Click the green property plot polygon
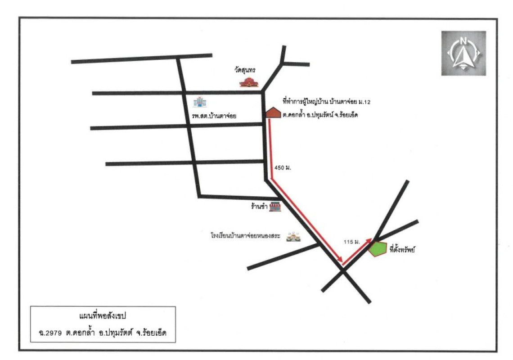(378, 249)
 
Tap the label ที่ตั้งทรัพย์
(402, 249)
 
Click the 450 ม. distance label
(283, 167)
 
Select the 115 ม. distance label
(352, 242)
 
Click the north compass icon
(463, 54)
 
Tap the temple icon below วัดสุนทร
(249, 82)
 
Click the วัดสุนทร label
(245, 70)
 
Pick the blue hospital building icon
(199, 102)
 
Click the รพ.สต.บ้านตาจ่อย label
(214, 116)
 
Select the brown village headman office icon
(273, 112)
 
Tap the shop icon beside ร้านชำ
(275, 207)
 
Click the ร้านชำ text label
(259, 207)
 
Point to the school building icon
(293, 237)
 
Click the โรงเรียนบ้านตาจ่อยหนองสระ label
(245, 236)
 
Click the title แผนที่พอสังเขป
(103, 316)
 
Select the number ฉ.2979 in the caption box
(50, 333)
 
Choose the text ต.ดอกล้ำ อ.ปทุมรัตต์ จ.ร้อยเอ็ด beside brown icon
(320, 115)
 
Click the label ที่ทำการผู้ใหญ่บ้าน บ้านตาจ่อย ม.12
(327, 102)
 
